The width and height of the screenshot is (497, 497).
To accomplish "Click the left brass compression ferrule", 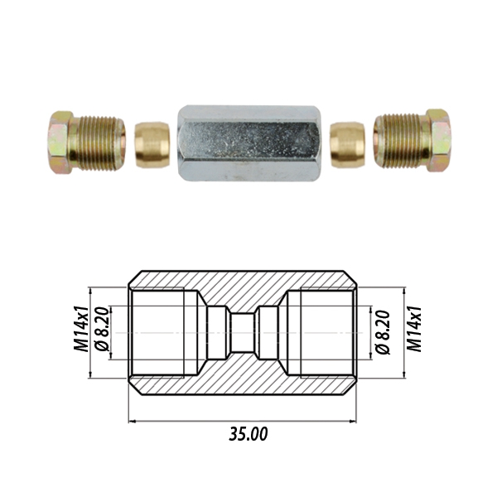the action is tap(152, 145).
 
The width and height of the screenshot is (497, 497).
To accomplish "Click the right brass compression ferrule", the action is tap(347, 145).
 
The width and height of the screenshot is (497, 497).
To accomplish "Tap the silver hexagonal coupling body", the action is tap(249, 143).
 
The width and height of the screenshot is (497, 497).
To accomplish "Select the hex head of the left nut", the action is tap(61, 142).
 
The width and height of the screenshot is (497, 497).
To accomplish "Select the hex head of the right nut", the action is tap(438, 141).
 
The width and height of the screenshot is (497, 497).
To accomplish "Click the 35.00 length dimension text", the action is tap(248, 434).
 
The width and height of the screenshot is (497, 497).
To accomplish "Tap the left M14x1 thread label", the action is tap(80, 329).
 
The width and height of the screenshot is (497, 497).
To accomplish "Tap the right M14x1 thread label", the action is tap(415, 329).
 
